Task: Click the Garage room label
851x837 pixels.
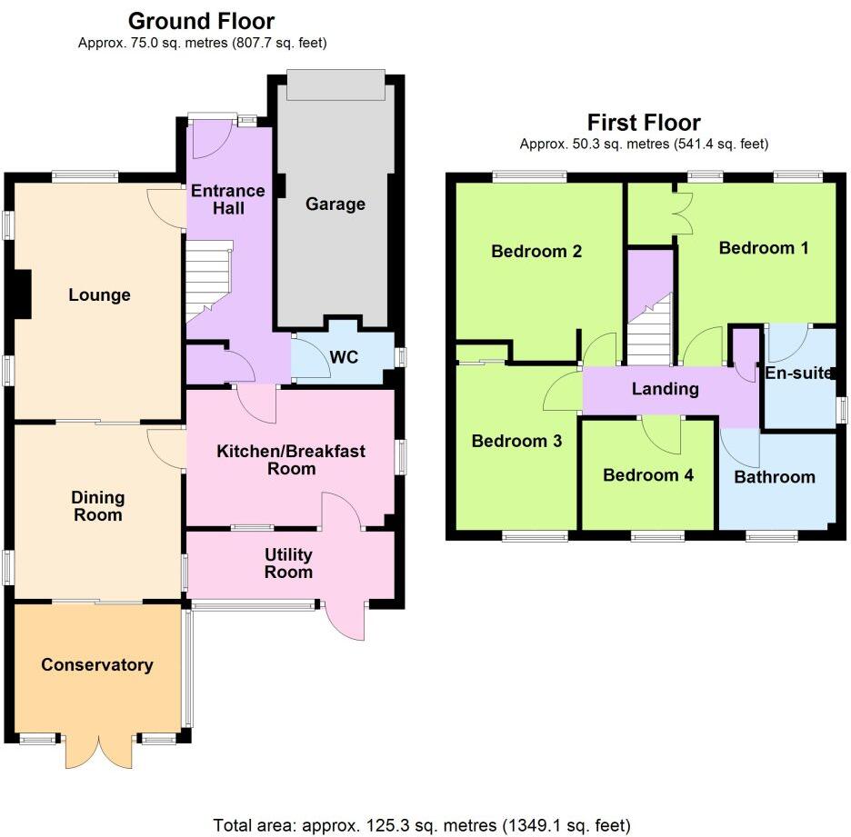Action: click(335, 204)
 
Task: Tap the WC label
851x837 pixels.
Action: click(343, 357)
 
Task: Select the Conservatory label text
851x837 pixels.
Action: click(96, 664)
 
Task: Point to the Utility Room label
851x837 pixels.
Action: click(288, 563)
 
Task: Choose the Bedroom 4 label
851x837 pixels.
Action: click(647, 474)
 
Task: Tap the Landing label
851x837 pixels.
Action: click(666, 389)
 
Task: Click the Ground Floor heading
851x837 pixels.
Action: click(201, 20)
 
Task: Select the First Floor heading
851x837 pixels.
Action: click(644, 122)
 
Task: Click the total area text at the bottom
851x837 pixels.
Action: click(421, 825)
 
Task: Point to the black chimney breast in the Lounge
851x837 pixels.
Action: click(22, 294)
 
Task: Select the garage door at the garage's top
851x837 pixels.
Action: click(335, 85)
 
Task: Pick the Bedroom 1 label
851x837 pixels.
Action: click(763, 247)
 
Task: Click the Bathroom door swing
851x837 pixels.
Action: click(741, 445)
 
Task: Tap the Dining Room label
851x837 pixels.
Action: click(97, 506)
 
